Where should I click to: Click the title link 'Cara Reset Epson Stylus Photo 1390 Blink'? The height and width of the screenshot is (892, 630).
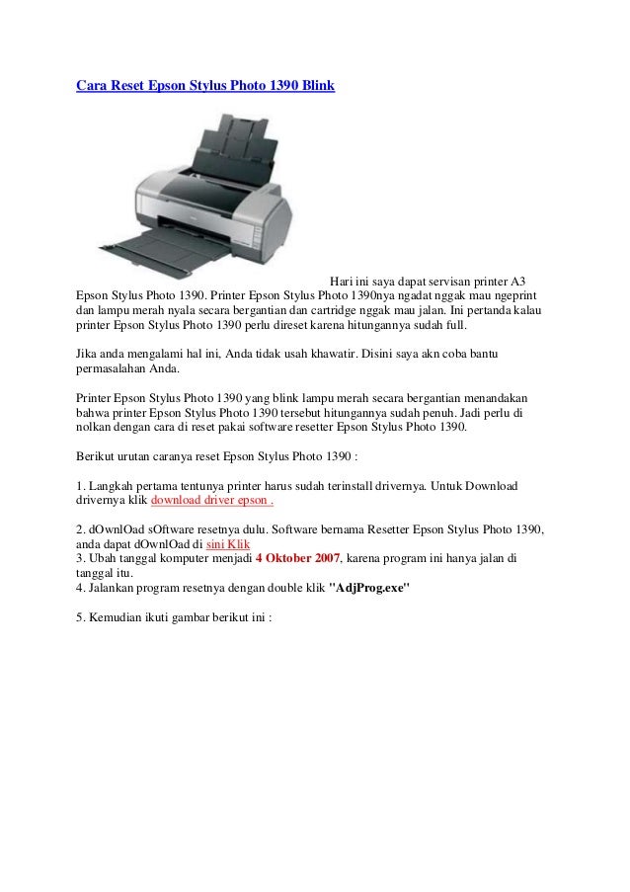[205, 86]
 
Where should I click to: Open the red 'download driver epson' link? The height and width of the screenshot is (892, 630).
[211, 500]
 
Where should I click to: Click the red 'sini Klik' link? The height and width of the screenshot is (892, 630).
[228, 544]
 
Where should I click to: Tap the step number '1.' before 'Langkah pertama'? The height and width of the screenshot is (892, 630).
[81, 486]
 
